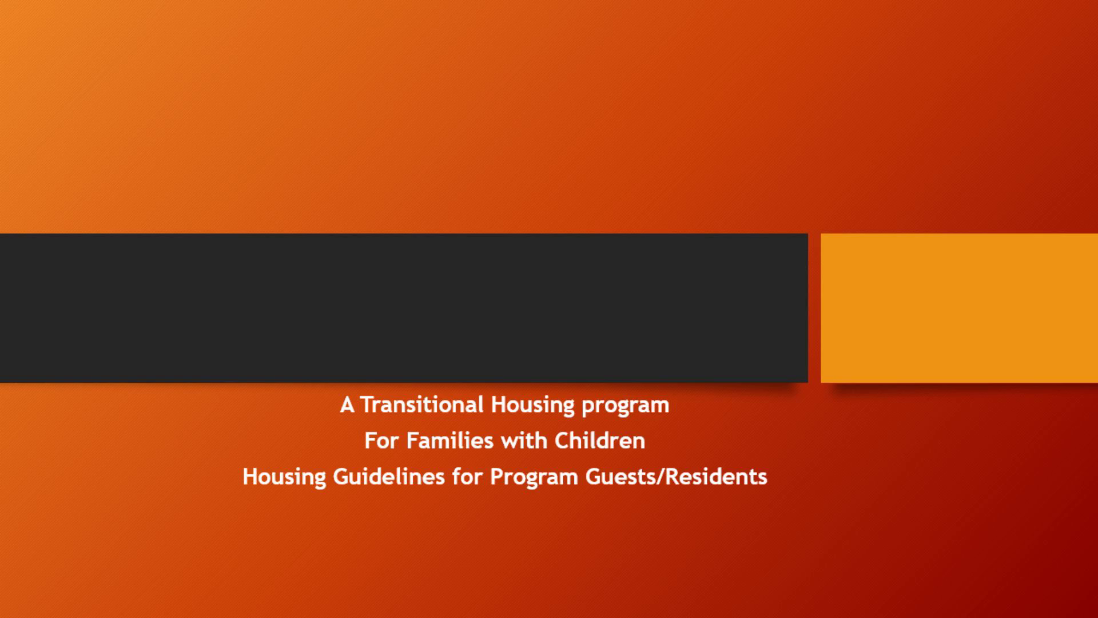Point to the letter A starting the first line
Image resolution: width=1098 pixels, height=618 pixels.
point(347,405)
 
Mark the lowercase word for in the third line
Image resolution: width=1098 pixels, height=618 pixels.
point(468,477)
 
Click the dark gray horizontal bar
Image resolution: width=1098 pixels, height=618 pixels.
point(404,308)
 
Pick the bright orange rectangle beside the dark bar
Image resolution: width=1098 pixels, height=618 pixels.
point(959,308)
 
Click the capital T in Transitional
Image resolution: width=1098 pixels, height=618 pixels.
point(367,405)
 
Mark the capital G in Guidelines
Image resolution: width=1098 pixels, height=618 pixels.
point(342,477)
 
